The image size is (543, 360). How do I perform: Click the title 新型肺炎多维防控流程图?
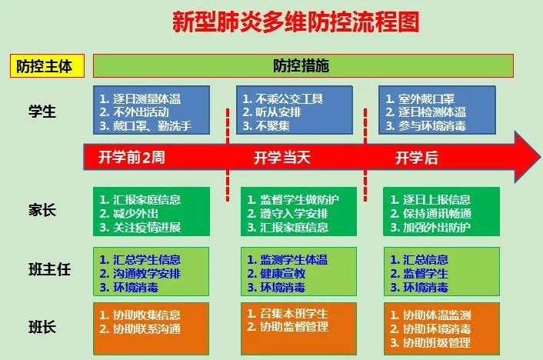coord(296,22)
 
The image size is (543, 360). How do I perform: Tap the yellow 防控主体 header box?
coord(45,66)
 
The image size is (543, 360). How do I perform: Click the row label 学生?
coord(42,112)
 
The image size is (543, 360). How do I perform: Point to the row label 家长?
coord(42,210)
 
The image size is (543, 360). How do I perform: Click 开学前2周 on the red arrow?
coord(132,158)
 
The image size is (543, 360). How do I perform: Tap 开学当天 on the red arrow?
coord(282,158)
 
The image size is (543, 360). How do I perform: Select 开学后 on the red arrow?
coord(416,158)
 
